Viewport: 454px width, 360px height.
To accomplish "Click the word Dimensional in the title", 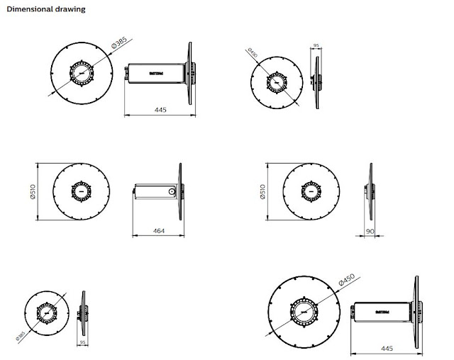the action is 31,9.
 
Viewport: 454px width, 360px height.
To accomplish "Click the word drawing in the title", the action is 73,9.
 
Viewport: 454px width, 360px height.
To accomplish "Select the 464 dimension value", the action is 159,230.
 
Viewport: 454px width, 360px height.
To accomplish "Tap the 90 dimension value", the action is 370,231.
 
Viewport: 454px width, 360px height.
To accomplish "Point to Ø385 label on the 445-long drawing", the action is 119,44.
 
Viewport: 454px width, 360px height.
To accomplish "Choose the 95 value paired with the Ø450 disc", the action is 316,47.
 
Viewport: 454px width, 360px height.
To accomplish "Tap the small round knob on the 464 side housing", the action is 171,191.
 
